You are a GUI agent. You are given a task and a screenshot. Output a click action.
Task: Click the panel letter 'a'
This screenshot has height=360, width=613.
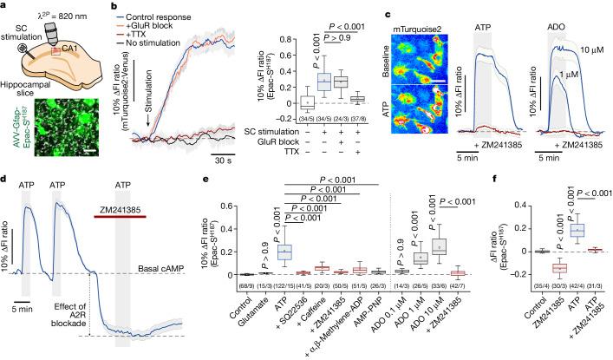tap(5, 7)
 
